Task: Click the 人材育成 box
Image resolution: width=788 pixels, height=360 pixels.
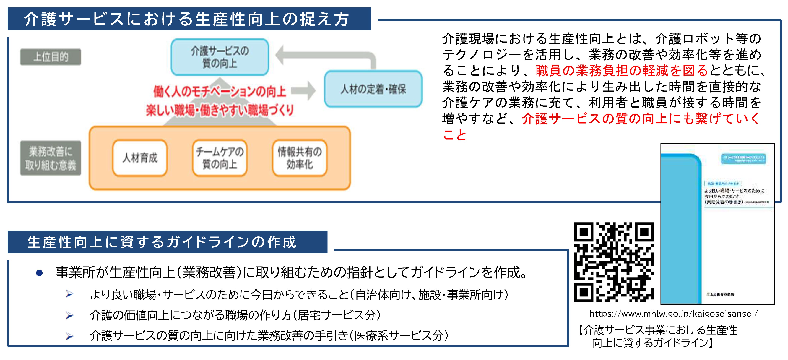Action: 140,158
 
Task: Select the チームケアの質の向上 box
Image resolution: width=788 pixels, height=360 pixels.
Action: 220,158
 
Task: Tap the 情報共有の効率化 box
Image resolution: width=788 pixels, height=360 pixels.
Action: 300,158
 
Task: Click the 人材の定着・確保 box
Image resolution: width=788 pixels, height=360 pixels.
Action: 373,89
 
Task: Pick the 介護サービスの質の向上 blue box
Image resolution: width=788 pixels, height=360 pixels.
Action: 220,57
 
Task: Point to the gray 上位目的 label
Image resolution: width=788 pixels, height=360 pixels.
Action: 51,57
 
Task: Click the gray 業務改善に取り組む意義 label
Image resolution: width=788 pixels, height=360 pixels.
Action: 51,158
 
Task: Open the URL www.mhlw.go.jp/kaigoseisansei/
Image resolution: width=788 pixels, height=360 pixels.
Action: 673,314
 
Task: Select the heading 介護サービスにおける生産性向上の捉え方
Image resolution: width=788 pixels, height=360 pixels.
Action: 187,19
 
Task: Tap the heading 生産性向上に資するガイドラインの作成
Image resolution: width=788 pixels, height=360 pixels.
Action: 162,242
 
